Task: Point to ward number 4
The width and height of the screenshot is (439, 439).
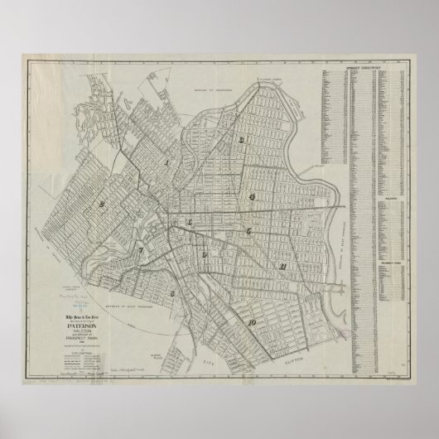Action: pyautogui.click(x=249, y=196)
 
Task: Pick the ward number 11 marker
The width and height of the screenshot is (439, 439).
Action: pyautogui.click(x=284, y=266)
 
